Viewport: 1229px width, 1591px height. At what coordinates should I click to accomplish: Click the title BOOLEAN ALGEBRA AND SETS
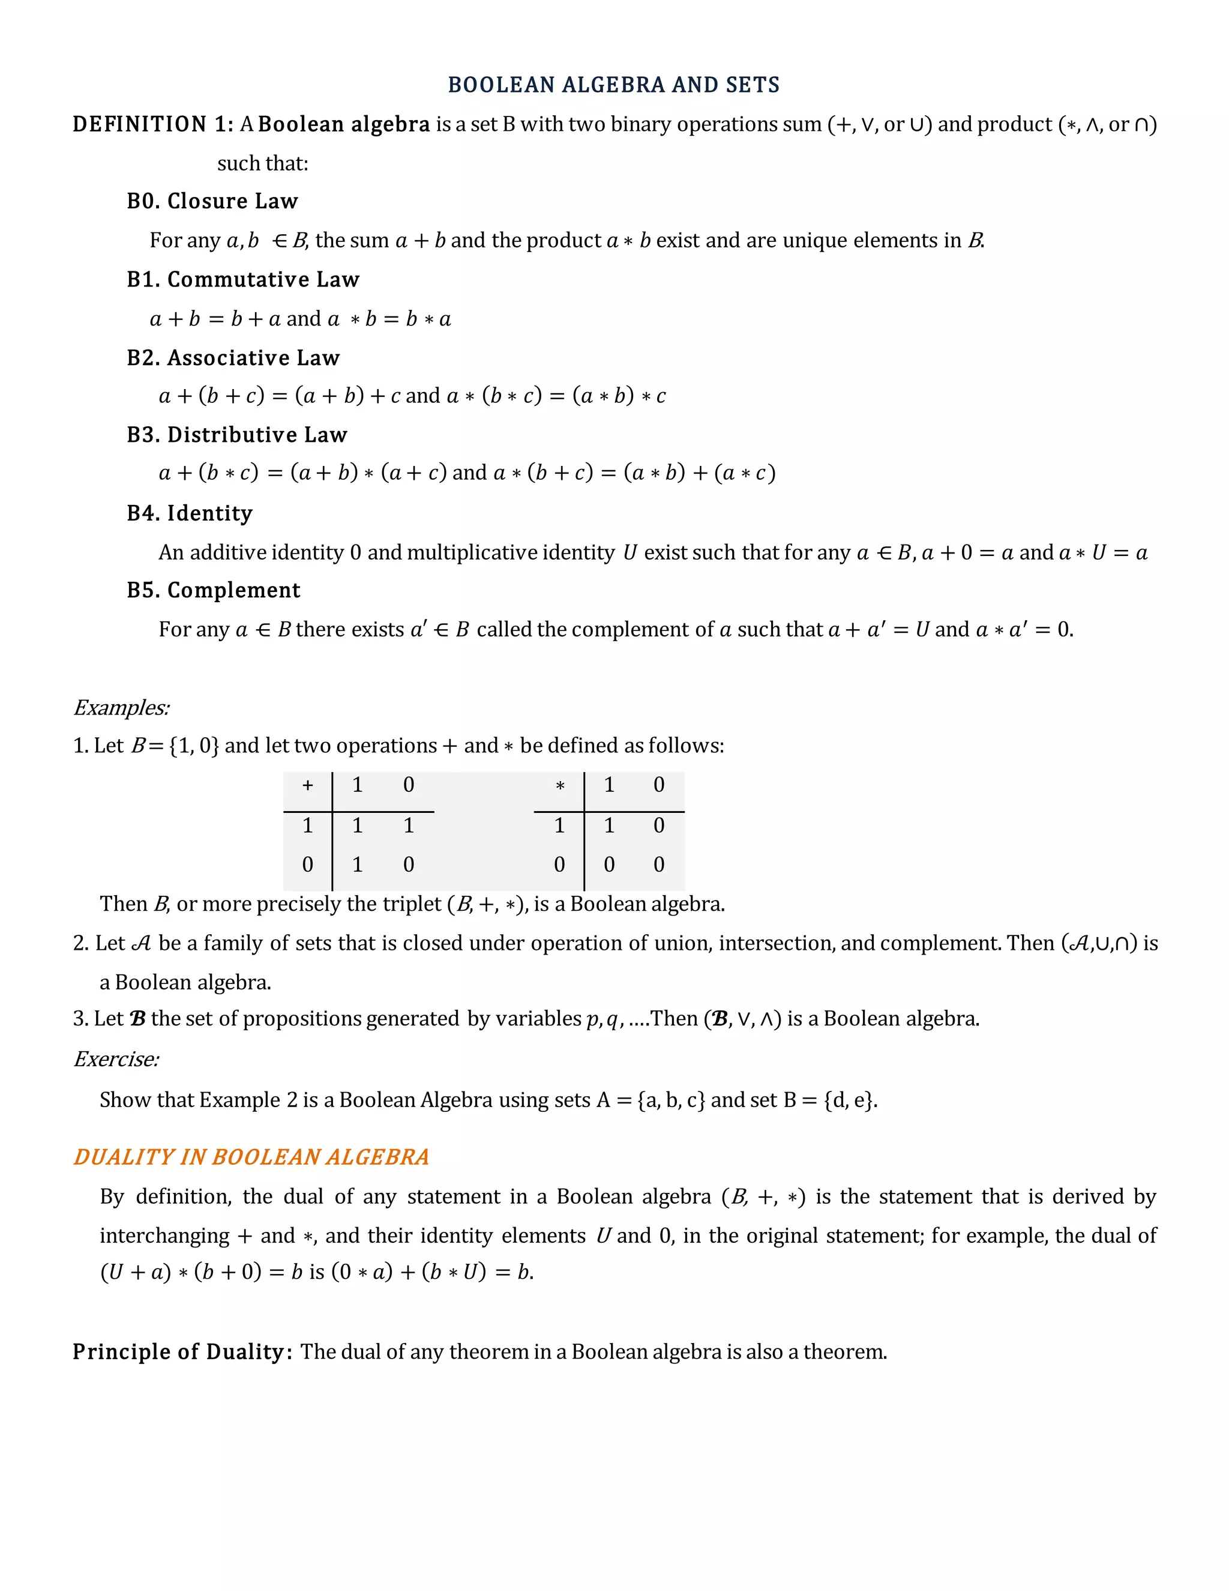point(613,85)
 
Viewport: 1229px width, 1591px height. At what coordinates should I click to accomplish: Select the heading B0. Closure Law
point(212,201)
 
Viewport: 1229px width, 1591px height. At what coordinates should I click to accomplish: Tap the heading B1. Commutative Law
point(242,280)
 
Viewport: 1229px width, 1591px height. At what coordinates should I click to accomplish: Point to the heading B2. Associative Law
point(233,358)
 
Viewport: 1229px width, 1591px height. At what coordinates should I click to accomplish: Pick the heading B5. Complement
point(213,590)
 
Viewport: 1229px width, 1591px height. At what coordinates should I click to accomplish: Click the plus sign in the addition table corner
point(307,785)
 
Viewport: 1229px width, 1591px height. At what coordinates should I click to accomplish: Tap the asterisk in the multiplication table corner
point(559,786)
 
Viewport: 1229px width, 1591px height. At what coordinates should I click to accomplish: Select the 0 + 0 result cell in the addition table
point(409,865)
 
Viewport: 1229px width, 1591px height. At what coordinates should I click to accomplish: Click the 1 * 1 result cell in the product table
point(608,826)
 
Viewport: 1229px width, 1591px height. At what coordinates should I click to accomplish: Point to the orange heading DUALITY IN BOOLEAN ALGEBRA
point(251,1158)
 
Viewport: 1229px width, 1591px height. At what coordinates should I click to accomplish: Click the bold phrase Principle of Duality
point(182,1352)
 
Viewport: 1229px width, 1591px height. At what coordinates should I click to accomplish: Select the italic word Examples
point(122,708)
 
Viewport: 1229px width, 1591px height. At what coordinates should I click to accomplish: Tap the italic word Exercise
point(116,1059)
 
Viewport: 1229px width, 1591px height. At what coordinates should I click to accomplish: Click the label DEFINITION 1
point(153,124)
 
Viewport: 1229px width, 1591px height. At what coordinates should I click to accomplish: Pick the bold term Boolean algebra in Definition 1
point(344,124)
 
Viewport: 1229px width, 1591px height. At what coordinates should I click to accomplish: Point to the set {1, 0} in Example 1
point(194,746)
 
